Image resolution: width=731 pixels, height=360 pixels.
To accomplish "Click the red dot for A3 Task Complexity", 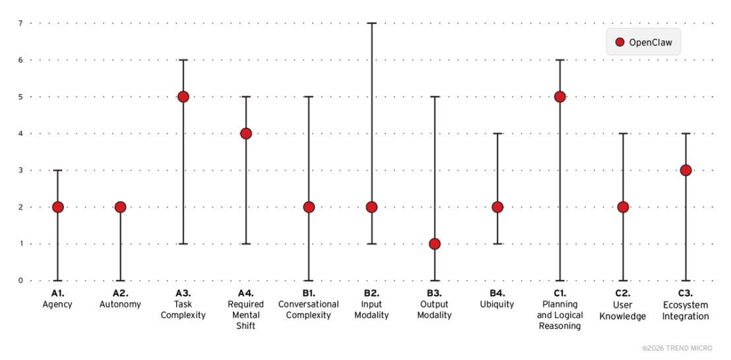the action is click(183, 97).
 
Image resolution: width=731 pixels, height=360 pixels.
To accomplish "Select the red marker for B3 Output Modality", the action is click(435, 243).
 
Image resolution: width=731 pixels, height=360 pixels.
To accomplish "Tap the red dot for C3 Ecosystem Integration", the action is click(685, 171).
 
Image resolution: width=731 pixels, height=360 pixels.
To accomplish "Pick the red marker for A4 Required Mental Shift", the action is click(245, 134).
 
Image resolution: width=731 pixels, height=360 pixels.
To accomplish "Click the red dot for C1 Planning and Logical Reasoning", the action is click(560, 97).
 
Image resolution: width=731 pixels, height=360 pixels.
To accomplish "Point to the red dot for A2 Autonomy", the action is click(120, 207).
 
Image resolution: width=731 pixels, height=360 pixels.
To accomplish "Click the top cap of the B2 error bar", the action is click(371, 23).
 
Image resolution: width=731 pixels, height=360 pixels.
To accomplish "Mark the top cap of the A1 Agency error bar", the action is click(58, 171).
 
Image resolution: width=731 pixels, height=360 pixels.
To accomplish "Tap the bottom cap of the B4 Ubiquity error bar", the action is click(497, 243).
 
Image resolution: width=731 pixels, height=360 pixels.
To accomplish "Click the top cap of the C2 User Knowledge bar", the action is click(623, 134).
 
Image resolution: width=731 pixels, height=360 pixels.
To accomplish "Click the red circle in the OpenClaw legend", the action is click(620, 42).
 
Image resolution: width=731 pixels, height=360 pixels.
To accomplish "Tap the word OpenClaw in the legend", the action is click(651, 42).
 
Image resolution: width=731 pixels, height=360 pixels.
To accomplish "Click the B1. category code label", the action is click(309, 293).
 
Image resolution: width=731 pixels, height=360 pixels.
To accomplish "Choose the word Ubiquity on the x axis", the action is click(497, 305).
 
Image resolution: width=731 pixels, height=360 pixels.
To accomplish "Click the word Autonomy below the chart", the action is click(120, 305).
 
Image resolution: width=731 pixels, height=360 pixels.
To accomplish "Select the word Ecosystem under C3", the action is click(685, 305).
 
